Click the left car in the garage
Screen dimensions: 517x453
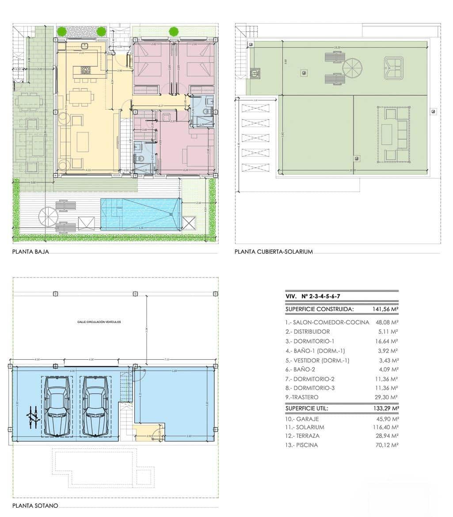click(57, 407)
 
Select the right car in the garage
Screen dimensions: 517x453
click(95, 407)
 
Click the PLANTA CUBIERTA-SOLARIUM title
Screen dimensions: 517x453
click(274, 252)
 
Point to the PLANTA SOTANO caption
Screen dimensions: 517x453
click(35, 506)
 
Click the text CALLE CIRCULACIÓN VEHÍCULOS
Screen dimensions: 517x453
click(99, 322)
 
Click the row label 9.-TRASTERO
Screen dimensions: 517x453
click(302, 397)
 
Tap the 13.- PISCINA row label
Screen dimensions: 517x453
click(301, 445)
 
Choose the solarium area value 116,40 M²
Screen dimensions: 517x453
click(385, 427)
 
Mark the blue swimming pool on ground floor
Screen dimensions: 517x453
click(141, 214)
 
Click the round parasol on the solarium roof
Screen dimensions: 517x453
click(352, 68)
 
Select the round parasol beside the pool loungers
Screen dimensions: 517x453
click(48, 217)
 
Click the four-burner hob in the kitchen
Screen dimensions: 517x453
click(86, 69)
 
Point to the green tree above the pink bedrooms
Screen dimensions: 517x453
click(174, 31)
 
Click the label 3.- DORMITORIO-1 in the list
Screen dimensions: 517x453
click(310, 341)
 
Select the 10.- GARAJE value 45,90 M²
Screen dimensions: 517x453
click(385, 418)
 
